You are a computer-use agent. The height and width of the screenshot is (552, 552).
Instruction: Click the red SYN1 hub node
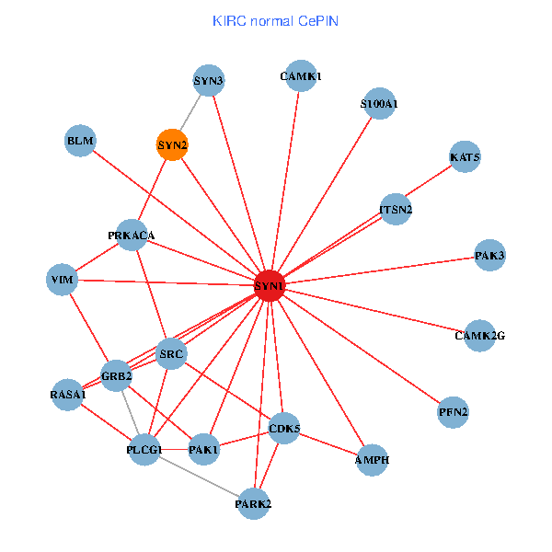coord(270,286)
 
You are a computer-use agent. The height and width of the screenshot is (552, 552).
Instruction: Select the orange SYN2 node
coord(172,144)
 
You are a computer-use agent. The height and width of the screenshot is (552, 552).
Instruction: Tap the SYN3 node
coord(209,81)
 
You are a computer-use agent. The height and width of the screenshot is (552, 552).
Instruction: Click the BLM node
coord(80,141)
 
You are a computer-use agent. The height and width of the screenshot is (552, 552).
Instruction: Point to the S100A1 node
coord(379,104)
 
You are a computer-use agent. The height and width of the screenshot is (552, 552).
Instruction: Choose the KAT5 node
coord(465,157)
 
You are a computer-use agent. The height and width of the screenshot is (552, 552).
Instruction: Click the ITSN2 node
coord(396,209)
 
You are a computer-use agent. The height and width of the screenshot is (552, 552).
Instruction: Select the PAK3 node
coord(490,255)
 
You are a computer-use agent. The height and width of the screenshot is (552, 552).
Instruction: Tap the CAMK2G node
coord(480,335)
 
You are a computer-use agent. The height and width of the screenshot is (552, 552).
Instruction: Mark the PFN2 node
coord(454,411)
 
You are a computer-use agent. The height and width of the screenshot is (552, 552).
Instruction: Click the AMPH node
coord(372,460)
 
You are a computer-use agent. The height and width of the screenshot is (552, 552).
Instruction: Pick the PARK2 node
coord(253,503)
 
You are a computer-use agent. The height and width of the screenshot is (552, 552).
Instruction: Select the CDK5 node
coord(284,428)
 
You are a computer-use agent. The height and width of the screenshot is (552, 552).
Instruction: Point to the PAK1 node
coord(203,450)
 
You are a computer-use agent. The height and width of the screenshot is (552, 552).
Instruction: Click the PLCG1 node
coord(144,450)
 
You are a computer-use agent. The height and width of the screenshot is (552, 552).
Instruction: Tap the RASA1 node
coord(68,395)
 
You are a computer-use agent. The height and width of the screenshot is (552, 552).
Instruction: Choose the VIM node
coord(63,279)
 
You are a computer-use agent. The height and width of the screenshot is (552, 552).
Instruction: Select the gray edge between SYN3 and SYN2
coord(191,111)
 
